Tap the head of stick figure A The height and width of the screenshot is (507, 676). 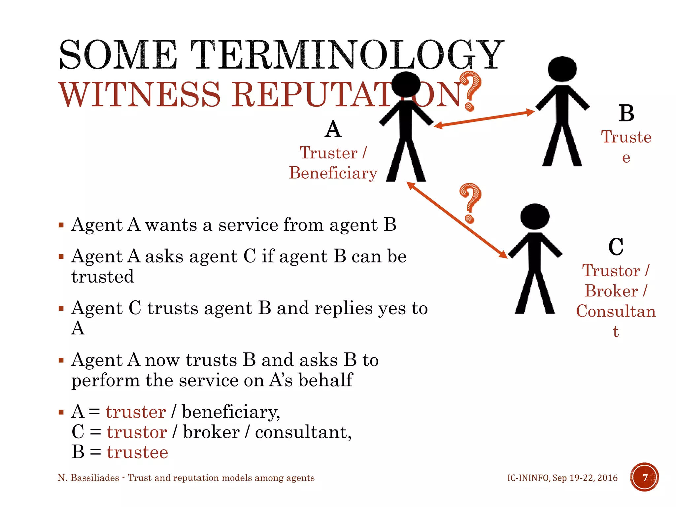click(406, 84)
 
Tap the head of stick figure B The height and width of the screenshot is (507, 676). click(562, 69)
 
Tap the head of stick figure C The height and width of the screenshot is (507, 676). click(535, 216)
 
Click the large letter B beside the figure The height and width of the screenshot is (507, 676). click(626, 113)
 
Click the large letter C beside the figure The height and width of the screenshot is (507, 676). click(616, 247)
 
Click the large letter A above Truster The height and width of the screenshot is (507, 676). click(333, 129)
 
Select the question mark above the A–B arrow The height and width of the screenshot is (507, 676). click(470, 91)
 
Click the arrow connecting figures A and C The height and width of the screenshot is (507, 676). click(457, 220)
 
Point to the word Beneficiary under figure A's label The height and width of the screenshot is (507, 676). click(333, 173)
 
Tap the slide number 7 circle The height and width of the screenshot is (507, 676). click(644, 477)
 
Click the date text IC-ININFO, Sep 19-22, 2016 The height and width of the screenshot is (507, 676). click(562, 478)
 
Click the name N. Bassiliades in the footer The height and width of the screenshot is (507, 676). click(88, 478)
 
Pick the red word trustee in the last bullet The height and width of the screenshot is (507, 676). click(137, 452)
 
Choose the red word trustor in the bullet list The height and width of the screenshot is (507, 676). click(137, 432)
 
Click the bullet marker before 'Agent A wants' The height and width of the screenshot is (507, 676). click(61, 225)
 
